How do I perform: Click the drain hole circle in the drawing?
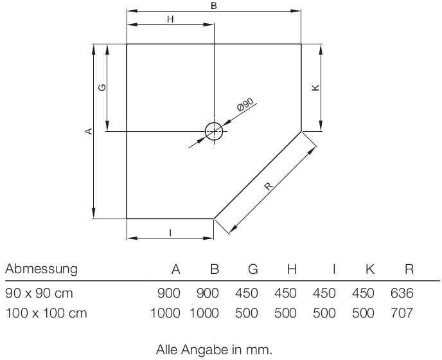click(x=214, y=131)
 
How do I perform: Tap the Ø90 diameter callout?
click(x=246, y=105)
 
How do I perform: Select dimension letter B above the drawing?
click(x=214, y=6)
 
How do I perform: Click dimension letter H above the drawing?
click(x=170, y=19)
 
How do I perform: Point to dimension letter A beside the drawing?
click(x=89, y=131)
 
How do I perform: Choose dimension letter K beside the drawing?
click(x=315, y=87)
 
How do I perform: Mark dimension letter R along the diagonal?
click(x=268, y=187)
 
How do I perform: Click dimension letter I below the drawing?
click(x=170, y=233)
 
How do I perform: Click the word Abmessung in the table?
click(x=41, y=269)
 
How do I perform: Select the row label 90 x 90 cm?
click(x=39, y=294)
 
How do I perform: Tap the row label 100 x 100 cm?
click(x=46, y=314)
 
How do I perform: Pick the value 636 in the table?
click(x=402, y=294)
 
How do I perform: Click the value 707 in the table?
click(x=402, y=314)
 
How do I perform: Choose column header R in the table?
click(x=409, y=269)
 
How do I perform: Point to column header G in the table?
click(x=252, y=269)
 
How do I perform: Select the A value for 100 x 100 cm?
click(x=165, y=314)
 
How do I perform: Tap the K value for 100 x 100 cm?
click(x=363, y=314)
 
